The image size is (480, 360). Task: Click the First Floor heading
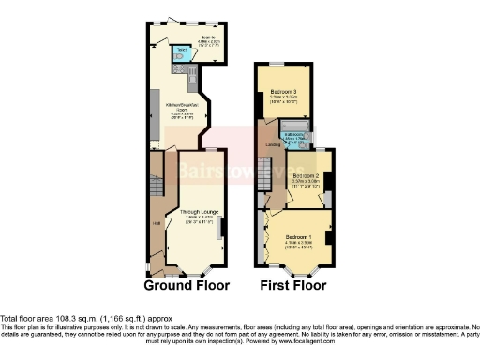[294, 285]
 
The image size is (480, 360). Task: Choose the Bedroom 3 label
[282, 95]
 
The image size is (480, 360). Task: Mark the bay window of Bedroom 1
[298, 273]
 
